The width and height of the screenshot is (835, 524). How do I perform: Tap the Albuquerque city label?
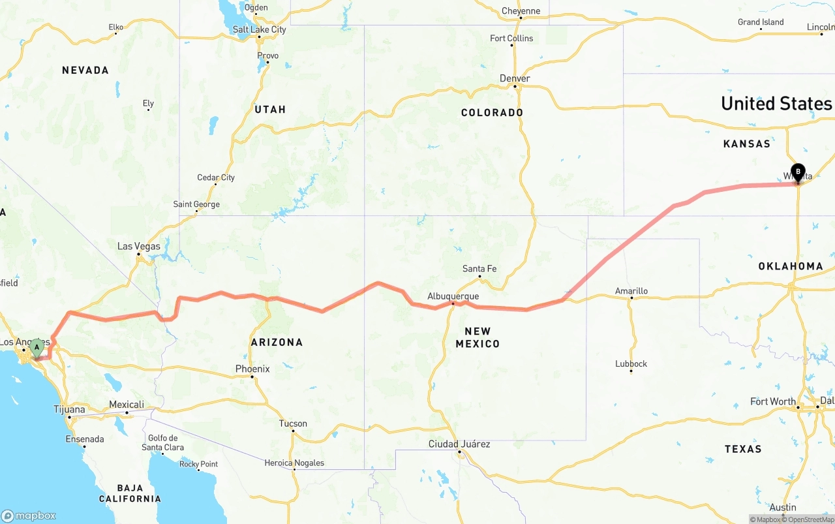453,296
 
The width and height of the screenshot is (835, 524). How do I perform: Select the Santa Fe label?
479,269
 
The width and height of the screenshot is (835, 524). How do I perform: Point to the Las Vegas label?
138,246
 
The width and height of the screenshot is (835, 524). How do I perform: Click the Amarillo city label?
631,291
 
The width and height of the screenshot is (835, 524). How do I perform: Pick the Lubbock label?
631,363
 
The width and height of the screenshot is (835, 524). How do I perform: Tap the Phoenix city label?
252,369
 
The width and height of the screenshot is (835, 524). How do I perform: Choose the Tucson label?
293,424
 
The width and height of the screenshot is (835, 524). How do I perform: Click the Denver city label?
515,78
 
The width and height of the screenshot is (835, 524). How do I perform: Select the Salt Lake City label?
260,29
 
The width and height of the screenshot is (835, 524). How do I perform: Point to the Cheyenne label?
521,10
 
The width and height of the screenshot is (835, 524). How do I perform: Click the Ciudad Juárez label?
459,444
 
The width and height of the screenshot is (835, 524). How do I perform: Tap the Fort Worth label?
773,401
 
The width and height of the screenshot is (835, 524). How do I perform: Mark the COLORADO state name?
492,112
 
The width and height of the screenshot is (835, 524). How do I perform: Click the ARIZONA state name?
277,342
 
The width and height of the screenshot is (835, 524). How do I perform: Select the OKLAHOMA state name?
791,266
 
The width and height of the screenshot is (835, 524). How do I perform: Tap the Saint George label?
196,204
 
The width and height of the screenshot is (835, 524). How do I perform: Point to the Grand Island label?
761,22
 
